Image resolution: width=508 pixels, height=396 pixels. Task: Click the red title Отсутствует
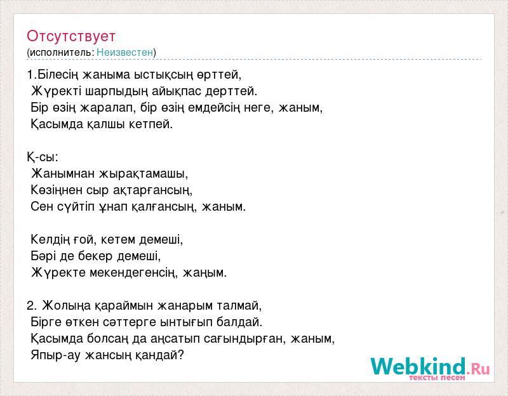coord(71,36)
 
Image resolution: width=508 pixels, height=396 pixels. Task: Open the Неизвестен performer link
coord(124,52)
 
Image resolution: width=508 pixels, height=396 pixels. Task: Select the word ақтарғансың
coord(152,190)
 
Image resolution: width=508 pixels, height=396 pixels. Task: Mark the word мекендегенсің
coord(133,273)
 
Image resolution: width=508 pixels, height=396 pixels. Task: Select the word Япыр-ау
coord(55,355)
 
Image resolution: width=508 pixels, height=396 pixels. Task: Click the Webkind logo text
coord(430,366)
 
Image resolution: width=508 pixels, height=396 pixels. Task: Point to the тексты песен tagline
coord(437,378)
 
